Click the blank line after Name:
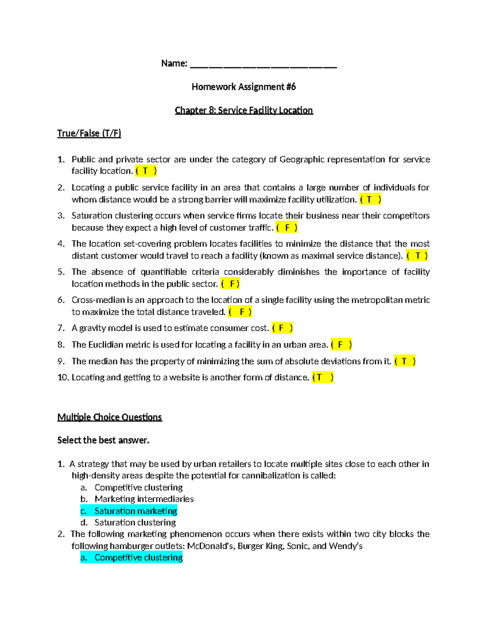tap(263, 65)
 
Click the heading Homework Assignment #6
tap(244, 87)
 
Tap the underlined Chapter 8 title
tap(244, 111)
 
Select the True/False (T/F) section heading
tap(89, 133)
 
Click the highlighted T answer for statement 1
tap(146, 171)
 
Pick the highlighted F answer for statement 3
tap(287, 228)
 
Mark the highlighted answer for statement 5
tap(230, 284)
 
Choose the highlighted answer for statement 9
tap(405, 361)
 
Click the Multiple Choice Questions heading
tap(109, 417)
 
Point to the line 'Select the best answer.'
tap(103, 440)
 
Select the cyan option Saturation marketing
tap(135, 511)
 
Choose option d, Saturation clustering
tap(135, 523)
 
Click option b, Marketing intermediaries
tap(144, 499)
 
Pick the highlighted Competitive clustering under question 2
tap(138, 557)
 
